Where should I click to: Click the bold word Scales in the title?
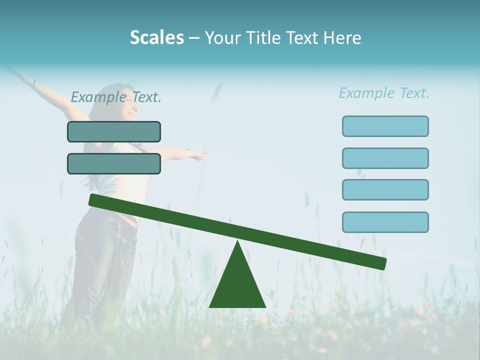point(156,37)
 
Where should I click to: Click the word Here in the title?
point(342,37)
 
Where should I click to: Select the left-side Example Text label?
point(116,97)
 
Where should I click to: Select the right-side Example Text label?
point(384,93)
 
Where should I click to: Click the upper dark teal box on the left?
point(114,131)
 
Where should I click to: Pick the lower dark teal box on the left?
point(114,163)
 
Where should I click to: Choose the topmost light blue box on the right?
point(385,126)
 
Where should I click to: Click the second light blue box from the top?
point(385,158)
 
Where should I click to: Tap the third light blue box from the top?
point(385,189)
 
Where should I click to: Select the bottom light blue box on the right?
point(385,222)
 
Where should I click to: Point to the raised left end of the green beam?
point(93,200)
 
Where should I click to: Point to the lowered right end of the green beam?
point(381,263)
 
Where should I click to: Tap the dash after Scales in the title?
point(194,38)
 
